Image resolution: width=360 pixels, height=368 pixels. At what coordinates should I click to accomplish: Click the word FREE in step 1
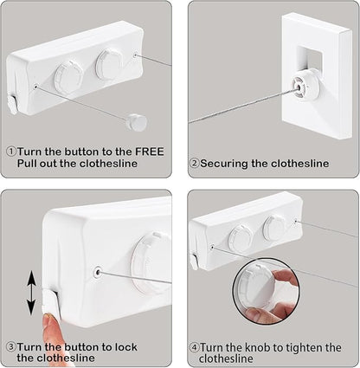click(150, 152)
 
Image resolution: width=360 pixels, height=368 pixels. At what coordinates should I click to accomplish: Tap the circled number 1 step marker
click(11, 152)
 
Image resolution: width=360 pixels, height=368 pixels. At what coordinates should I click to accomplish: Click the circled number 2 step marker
click(195, 164)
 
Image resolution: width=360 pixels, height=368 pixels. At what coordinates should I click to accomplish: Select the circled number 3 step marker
click(11, 346)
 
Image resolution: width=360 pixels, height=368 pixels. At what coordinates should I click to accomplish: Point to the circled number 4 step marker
click(195, 347)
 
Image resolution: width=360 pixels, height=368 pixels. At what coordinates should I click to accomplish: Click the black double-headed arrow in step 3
click(31, 294)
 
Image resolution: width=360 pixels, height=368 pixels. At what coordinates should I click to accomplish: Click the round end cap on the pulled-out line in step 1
click(136, 122)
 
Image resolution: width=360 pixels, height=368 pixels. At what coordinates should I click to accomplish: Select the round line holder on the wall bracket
click(304, 85)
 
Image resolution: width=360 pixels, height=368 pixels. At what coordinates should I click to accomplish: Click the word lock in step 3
click(126, 346)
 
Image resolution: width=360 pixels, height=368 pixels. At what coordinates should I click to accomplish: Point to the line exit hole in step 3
click(99, 272)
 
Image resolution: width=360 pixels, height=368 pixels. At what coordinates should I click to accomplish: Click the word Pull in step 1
click(27, 164)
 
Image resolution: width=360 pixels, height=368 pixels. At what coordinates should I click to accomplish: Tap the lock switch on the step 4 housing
click(195, 261)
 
